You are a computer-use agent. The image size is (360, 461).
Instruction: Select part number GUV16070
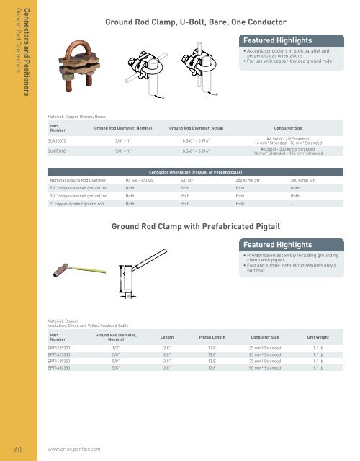point(58,141)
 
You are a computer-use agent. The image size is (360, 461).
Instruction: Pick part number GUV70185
point(58,151)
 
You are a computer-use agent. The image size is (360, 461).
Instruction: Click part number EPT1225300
point(60,347)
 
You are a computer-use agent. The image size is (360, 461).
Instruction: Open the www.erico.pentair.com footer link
point(73,448)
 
